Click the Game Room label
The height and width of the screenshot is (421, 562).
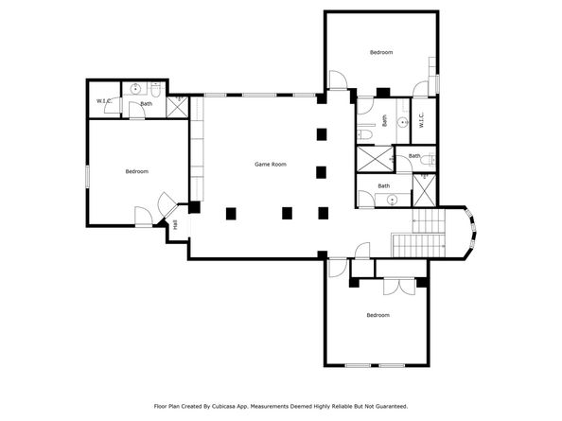click(271, 165)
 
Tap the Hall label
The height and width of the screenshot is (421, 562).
click(176, 224)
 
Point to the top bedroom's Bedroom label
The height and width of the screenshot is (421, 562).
click(381, 52)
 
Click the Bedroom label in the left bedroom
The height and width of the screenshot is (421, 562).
click(137, 171)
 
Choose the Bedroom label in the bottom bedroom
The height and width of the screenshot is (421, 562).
click(378, 315)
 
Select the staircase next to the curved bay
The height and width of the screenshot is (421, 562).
click(418, 233)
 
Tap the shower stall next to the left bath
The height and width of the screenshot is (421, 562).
click(176, 106)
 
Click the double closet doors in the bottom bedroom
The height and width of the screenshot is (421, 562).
click(397, 285)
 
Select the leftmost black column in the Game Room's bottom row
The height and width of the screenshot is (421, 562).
click(231, 213)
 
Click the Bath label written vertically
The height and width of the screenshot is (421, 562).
click(385, 121)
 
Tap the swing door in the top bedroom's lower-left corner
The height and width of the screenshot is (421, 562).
click(337, 81)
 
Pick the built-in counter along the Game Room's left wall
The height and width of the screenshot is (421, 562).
click(198, 142)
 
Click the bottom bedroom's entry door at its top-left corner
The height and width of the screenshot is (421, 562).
click(336, 267)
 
